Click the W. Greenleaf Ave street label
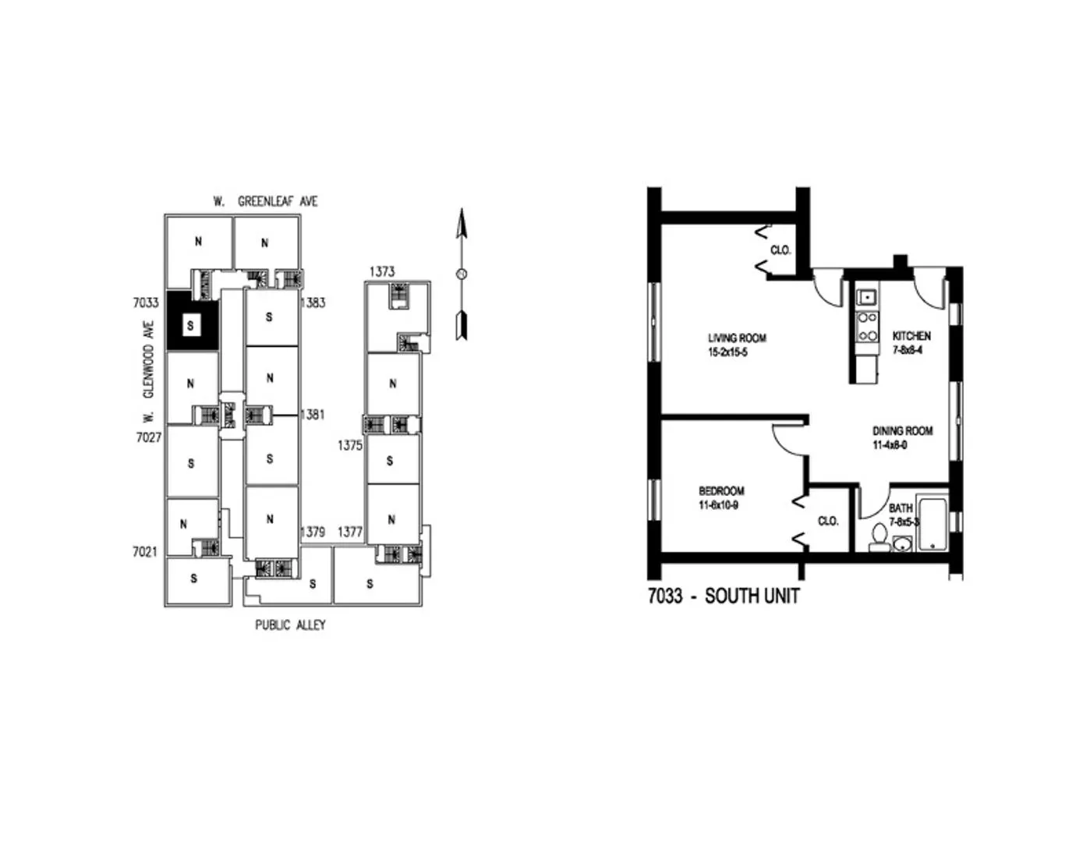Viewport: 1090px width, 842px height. click(265, 201)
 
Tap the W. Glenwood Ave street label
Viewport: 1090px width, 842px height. click(148, 370)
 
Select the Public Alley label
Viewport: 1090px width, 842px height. click(290, 625)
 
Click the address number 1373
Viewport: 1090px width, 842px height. click(382, 271)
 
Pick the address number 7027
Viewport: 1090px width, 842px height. click(148, 437)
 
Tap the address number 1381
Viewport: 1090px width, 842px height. click(312, 415)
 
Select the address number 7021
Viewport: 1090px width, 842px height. click(145, 552)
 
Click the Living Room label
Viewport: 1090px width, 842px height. click(737, 338)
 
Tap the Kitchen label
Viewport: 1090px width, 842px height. click(911, 336)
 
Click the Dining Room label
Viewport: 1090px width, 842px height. click(902, 430)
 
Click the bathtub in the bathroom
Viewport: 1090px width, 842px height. click(932, 523)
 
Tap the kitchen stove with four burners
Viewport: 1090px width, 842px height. click(867, 327)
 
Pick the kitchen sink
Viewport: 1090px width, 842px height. click(867, 297)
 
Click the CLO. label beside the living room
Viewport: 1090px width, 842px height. click(780, 250)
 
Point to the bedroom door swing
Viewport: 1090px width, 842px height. click(787, 444)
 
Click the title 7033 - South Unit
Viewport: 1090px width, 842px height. click(724, 596)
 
